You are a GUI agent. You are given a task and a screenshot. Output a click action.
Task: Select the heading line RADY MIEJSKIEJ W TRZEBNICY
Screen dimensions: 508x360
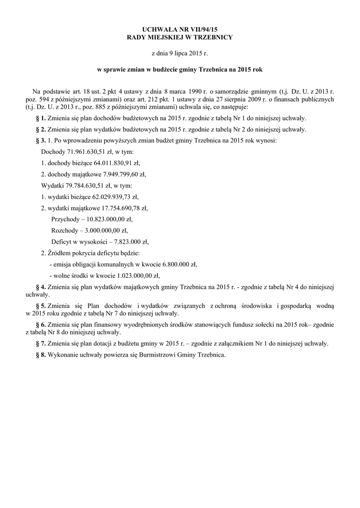click(180, 38)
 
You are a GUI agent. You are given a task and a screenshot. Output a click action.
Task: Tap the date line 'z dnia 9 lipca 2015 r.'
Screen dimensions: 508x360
click(180, 53)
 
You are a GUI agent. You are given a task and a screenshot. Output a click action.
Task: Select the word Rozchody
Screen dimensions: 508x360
click(65, 231)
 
